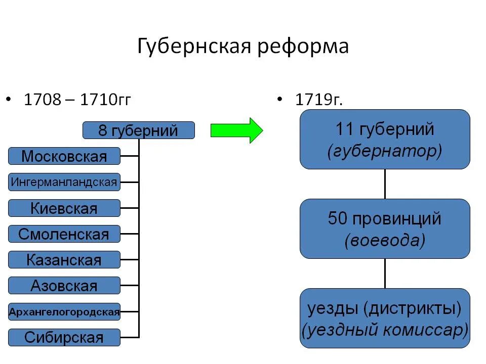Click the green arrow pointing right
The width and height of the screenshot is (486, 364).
pos(236,130)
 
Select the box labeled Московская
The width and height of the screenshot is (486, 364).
pos(64,156)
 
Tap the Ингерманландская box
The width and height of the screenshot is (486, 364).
pos(64,182)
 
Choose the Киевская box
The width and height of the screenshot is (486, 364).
pos(64,208)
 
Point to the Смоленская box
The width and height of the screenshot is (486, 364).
pos(64,234)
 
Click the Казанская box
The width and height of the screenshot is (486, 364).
pos(64,260)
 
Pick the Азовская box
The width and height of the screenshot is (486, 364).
pos(64,286)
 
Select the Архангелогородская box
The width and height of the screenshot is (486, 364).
pos(64,312)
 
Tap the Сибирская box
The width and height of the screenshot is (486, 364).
pos(64,338)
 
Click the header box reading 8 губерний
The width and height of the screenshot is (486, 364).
pos(138,130)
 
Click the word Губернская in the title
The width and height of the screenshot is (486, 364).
pos(195,47)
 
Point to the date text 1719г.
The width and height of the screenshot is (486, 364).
pos(319,100)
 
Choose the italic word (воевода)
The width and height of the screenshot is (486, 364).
pos(385,241)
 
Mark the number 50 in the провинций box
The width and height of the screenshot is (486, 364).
pos(338,219)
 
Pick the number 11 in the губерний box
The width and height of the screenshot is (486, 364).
pos(344,129)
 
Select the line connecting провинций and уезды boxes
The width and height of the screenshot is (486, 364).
pos(385,274)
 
